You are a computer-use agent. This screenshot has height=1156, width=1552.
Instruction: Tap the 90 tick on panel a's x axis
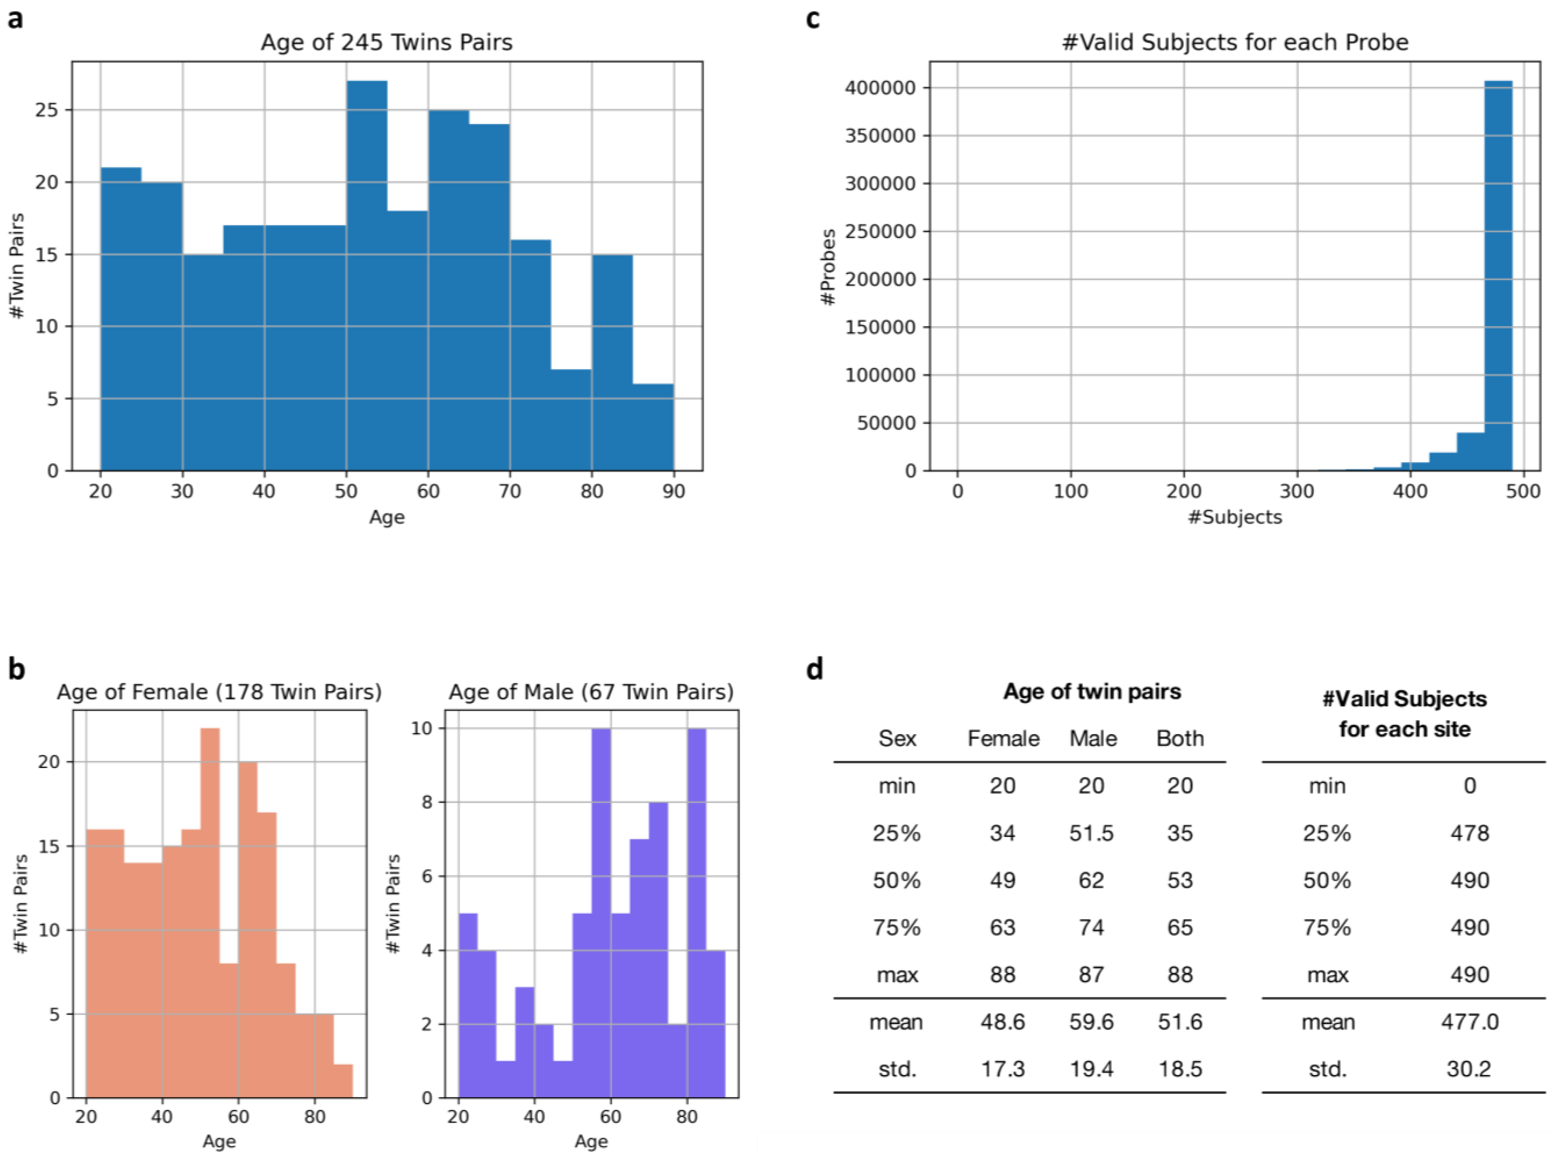674,491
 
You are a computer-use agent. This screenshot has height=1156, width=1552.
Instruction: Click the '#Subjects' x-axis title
1234,517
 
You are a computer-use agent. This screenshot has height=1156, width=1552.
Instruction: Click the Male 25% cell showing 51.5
1091,833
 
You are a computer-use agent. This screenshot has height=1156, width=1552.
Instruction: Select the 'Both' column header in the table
1180,738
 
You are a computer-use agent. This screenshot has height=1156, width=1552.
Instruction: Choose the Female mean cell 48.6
1002,1022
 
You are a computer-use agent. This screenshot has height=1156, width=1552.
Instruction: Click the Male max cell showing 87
1091,974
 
